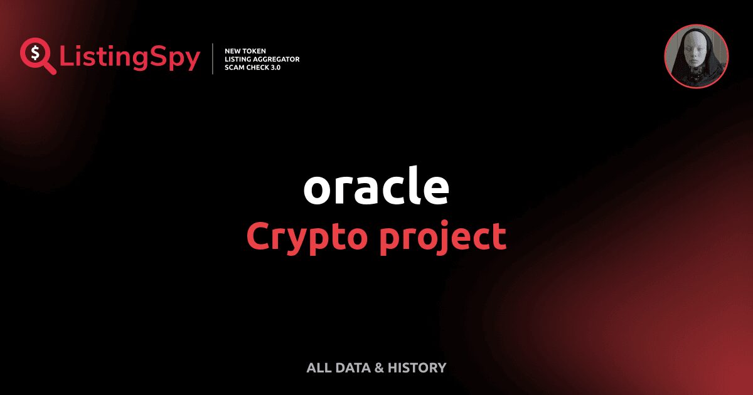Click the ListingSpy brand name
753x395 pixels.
coord(130,58)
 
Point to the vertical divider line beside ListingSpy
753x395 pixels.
coord(213,58)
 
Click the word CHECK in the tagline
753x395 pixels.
coord(260,66)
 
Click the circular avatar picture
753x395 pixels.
coord(697,56)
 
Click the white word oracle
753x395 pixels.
coord(376,187)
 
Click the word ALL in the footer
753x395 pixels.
coord(318,368)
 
